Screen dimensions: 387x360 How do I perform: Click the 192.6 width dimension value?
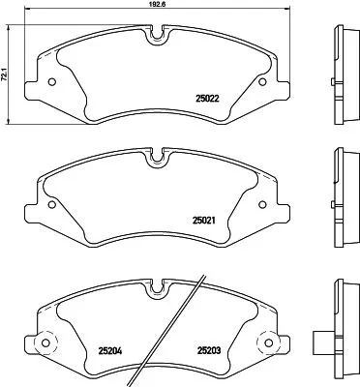[157, 5]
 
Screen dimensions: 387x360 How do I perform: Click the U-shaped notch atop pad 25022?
[157, 37]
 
